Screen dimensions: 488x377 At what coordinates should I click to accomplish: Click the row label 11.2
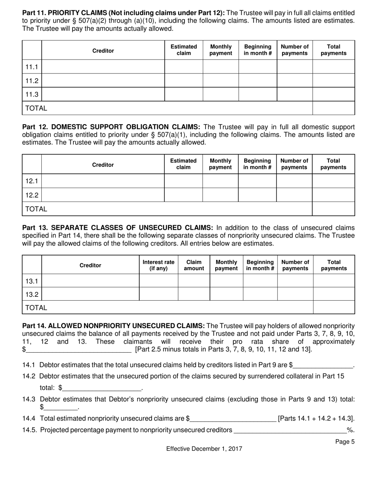pyautogui.click(x=32, y=81)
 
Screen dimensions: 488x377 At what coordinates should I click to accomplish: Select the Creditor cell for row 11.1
pyautogui.click(x=103, y=67)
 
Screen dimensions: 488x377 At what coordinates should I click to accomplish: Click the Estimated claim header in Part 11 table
pyautogui.click(x=183, y=50)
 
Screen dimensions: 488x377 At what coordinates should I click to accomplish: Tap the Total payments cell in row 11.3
pyautogui.click(x=333, y=94)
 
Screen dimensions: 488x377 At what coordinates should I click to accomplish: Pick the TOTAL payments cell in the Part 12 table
pyautogui.click(x=333, y=209)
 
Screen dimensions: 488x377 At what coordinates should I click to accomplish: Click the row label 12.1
pyautogui.click(x=32, y=181)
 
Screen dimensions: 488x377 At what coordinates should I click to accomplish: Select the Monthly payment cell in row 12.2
pyautogui.click(x=220, y=195)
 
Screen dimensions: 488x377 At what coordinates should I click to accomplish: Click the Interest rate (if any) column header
pyautogui.click(x=158, y=265)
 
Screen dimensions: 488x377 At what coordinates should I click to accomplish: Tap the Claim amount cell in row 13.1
pyautogui.click(x=194, y=281)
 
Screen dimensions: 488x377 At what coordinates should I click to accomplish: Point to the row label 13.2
pyautogui.click(x=32, y=294)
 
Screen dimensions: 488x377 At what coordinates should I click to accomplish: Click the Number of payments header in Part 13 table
pyautogui.click(x=295, y=265)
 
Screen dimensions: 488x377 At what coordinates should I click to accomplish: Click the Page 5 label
pyautogui.click(x=345, y=442)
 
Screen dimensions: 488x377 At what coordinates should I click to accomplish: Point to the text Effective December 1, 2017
pyautogui.click(x=204, y=449)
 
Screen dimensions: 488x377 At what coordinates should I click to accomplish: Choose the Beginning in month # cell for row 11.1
pyautogui.click(x=257, y=67)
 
